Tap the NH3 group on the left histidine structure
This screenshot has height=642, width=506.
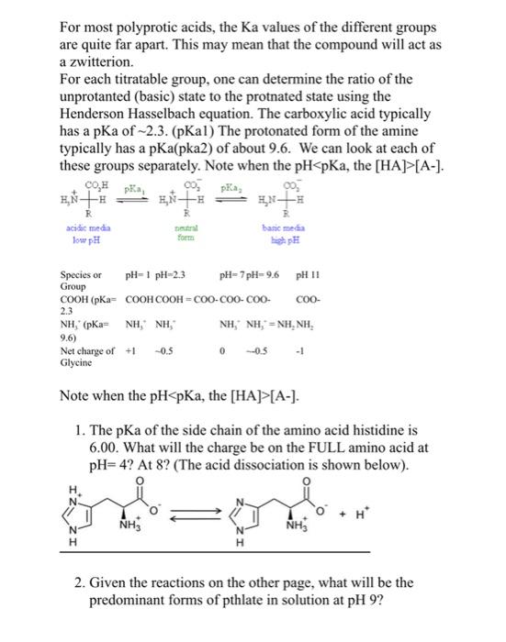click(122, 533)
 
